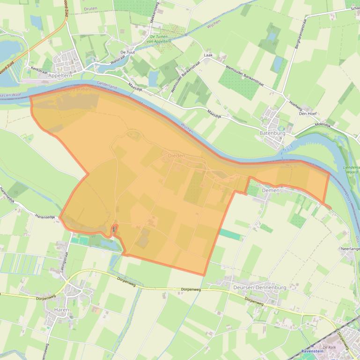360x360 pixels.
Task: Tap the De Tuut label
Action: click(127, 52)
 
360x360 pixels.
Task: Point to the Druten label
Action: click(90, 9)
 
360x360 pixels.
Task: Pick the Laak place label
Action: click(208, 55)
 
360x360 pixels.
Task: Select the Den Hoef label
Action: click(308, 114)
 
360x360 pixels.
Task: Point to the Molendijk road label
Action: click(323, 125)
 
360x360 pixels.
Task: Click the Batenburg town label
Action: click(272, 133)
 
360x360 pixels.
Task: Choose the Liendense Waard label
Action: click(352, 169)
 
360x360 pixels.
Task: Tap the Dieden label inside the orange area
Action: click(176, 155)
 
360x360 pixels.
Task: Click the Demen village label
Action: click(271, 190)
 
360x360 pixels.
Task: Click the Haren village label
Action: click(61, 310)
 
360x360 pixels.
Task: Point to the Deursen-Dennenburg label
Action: click(259, 288)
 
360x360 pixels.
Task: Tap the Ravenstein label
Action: click(313, 351)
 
